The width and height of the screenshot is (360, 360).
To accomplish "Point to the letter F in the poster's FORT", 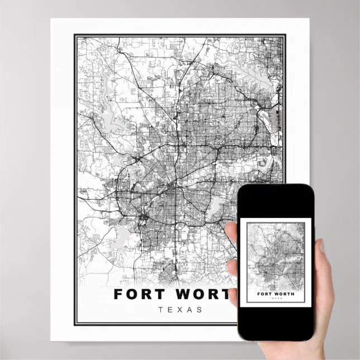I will [x=119, y=294].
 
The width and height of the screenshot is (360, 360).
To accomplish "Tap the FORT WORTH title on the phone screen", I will [x=276, y=293].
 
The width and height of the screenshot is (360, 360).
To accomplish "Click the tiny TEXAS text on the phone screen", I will [x=276, y=299].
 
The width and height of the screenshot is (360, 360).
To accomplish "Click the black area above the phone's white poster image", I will [x=275, y=202].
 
